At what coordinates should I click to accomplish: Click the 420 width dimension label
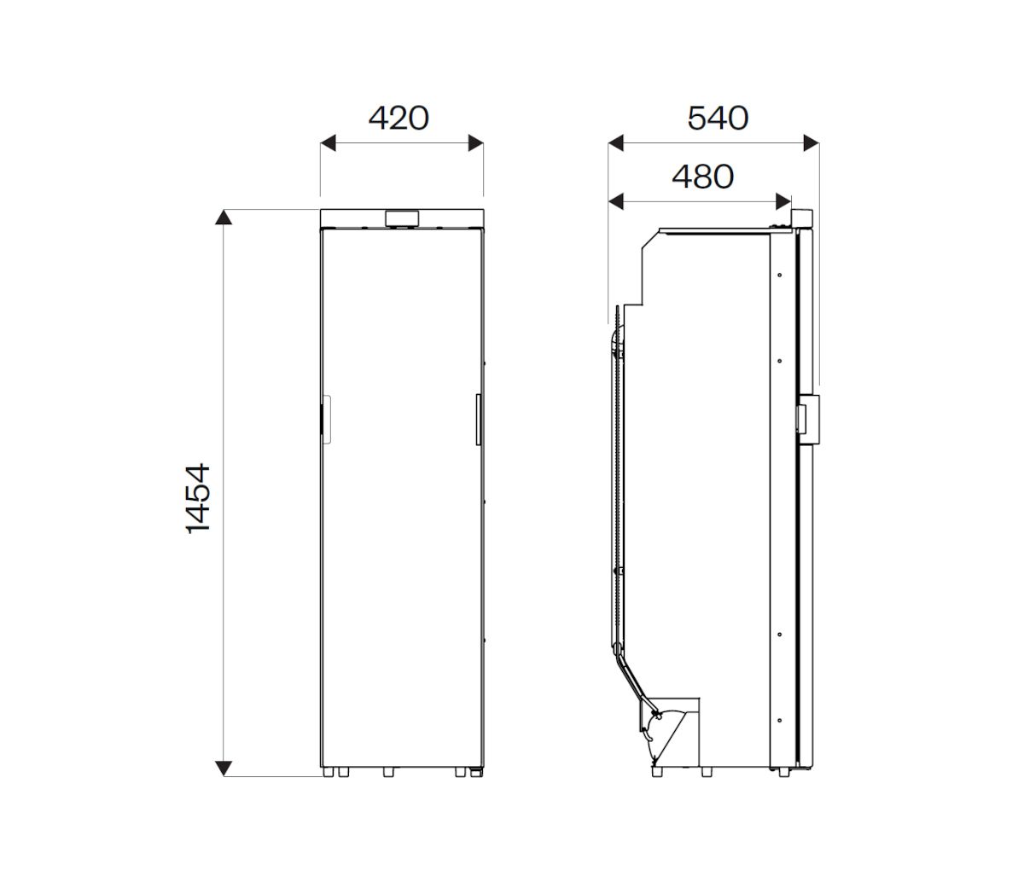pyautogui.click(x=399, y=119)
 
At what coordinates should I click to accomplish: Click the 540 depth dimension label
pyautogui.click(x=718, y=119)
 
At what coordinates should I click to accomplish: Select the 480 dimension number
pyautogui.click(x=702, y=177)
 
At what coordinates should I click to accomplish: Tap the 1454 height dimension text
pyautogui.click(x=198, y=498)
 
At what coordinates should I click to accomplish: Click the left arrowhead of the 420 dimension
pyautogui.click(x=328, y=143)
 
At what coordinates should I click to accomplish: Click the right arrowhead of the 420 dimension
pyautogui.click(x=475, y=143)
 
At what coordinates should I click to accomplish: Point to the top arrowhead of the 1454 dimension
pyautogui.click(x=224, y=217)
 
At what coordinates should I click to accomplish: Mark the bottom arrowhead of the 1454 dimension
pyautogui.click(x=224, y=768)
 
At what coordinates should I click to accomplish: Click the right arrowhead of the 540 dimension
pyautogui.click(x=811, y=143)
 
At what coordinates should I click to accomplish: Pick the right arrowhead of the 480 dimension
pyautogui.click(x=783, y=201)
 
